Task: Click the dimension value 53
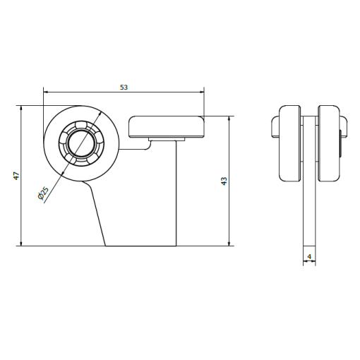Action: [124, 88]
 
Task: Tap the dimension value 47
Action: [16, 176]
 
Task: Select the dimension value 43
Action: [224, 181]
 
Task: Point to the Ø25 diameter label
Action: [43, 193]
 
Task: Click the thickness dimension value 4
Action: [309, 256]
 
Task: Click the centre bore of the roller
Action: [82, 143]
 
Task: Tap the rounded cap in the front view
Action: [166, 126]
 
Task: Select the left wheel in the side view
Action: [289, 143]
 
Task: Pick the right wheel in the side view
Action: [329, 143]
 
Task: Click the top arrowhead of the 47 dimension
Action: [21, 108]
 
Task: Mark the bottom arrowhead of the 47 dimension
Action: [21, 244]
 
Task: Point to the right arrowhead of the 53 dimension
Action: [201, 92]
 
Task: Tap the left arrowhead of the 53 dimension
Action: [46, 92]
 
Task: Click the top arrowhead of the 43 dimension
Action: [229, 119]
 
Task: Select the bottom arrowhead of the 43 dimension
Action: [229, 244]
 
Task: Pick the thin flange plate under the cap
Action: [167, 139]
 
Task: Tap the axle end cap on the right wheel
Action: [340, 143]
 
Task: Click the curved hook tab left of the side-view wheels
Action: [275, 126]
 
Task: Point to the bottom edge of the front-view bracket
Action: [140, 246]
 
